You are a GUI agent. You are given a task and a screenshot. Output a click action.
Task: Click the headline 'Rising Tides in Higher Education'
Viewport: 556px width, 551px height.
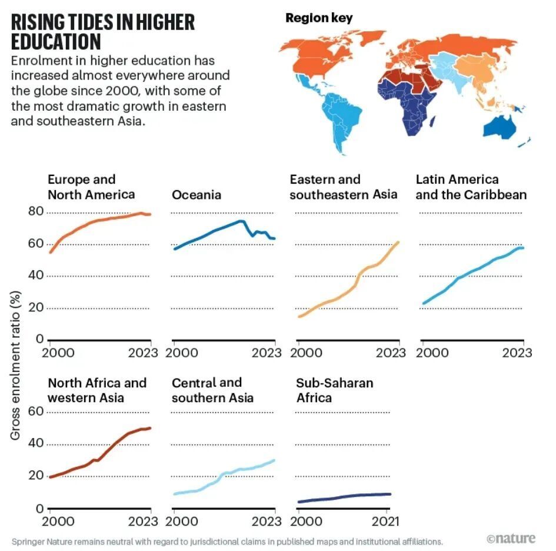point(103,32)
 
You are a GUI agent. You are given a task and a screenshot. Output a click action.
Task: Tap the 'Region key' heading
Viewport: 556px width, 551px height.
point(319,18)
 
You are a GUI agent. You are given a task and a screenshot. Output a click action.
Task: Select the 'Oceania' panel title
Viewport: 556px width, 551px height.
point(197,195)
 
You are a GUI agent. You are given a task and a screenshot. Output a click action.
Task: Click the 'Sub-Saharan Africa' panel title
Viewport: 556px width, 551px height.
point(334,390)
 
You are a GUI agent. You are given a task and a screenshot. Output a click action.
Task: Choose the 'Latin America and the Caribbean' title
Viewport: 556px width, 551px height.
point(471,187)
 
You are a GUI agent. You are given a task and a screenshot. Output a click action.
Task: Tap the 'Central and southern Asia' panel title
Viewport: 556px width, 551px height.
point(212,390)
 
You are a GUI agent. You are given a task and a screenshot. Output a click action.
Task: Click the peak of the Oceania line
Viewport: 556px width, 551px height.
point(242,221)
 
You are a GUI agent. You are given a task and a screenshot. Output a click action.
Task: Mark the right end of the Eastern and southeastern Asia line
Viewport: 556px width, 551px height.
point(398,242)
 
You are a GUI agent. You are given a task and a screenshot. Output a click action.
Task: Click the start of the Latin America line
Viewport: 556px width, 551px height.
point(424,304)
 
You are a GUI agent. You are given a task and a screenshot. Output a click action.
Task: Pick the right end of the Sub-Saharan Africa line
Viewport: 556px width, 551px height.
point(389,494)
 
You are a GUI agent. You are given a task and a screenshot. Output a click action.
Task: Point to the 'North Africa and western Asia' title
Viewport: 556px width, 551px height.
point(97,390)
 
